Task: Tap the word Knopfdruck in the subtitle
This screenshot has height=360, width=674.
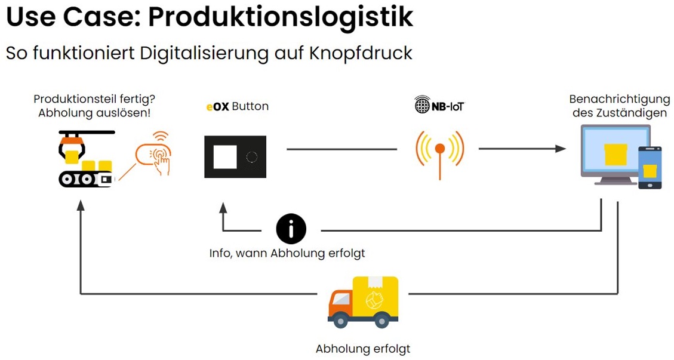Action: click(361, 53)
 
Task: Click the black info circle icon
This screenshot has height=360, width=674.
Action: click(291, 229)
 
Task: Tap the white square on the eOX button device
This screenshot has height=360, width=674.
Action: click(225, 157)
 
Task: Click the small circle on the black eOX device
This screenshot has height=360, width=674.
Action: click(252, 157)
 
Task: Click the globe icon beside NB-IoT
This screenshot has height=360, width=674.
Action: click(422, 106)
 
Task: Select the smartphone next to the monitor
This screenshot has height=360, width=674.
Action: click(650, 167)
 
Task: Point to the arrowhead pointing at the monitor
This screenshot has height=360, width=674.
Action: click(560, 149)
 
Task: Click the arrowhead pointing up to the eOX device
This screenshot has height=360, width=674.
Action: click(223, 208)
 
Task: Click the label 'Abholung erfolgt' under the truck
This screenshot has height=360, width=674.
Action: click(362, 349)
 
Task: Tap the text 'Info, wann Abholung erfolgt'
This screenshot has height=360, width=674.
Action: click(287, 253)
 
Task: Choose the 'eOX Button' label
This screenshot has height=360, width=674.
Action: click(238, 106)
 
